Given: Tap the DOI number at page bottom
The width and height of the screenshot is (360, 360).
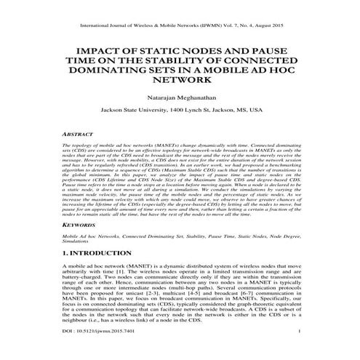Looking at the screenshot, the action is pos(96,350).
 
